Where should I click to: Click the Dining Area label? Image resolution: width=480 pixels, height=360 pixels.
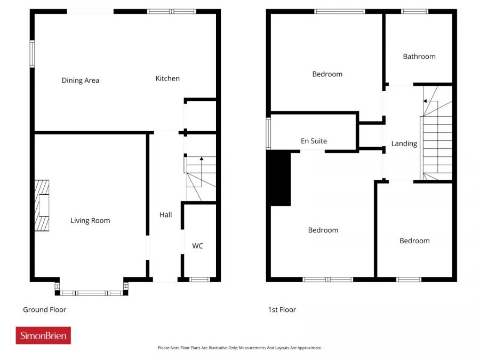pos(81,81)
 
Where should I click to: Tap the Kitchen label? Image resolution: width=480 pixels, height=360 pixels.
pos(167,78)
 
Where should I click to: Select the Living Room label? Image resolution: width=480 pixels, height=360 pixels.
pos(90,220)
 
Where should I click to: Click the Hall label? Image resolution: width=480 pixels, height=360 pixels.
pos(165,215)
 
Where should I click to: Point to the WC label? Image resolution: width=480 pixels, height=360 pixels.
pos(197,246)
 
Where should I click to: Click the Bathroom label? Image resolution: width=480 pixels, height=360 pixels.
pos(419,56)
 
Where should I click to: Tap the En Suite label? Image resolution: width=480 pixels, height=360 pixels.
pos(314,141)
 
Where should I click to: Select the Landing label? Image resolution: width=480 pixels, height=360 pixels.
pos(404,143)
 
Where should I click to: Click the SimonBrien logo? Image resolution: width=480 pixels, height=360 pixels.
pos(43,335)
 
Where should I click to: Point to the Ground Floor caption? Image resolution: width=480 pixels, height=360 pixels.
pos(44,309)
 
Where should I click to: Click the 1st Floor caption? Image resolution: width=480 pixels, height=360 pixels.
pos(282,309)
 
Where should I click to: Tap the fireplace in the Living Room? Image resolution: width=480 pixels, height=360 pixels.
pos(42,205)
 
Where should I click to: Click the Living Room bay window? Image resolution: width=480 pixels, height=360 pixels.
pos(92,292)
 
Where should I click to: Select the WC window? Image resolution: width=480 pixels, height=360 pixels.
pos(199,279)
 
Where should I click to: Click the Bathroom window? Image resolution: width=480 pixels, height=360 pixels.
pos(414,11)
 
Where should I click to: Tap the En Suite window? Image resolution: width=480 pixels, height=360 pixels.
pos(268,133)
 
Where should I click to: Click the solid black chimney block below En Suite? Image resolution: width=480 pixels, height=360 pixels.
pos(281,178)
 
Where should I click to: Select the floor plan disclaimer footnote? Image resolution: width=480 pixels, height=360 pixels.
pos(239,348)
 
